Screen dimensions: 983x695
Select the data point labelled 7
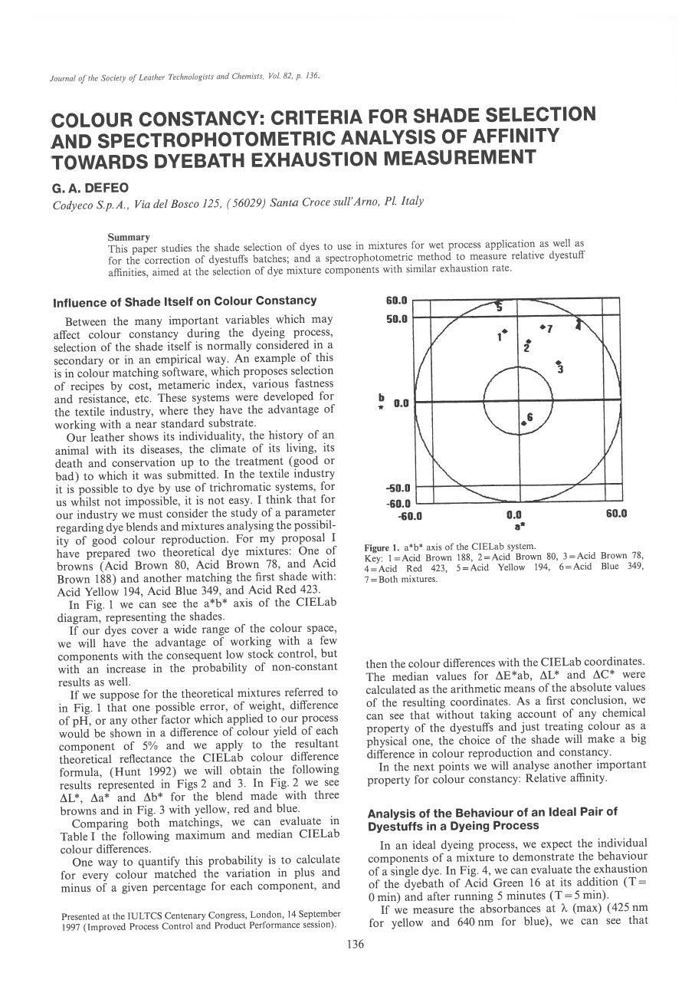(x=543, y=327)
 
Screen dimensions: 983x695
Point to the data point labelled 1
(x=505, y=330)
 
